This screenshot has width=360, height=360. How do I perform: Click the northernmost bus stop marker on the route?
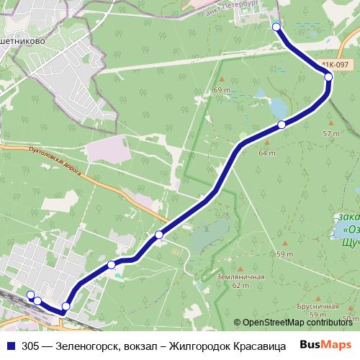pyautogui.click(x=276, y=27)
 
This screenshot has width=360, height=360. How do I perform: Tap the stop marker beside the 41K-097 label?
pyautogui.click(x=328, y=76)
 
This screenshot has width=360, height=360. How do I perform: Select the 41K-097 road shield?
pyautogui.click(x=328, y=64)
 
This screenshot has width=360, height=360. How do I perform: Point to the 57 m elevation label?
pyautogui.click(x=330, y=134)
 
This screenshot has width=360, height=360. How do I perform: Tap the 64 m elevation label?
pyautogui.click(x=266, y=153)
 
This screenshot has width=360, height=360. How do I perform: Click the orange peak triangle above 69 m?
pyautogui.click(x=222, y=79)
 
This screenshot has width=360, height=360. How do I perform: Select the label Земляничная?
pyautogui.click(x=240, y=276)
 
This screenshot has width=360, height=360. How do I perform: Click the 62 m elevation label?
pyautogui.click(x=240, y=286)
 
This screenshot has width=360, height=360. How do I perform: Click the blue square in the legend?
pyautogui.click(x=9, y=345)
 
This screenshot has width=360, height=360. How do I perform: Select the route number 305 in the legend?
pyautogui.click(x=30, y=345)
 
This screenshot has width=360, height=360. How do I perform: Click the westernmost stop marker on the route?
pyautogui.click(x=30, y=294)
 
